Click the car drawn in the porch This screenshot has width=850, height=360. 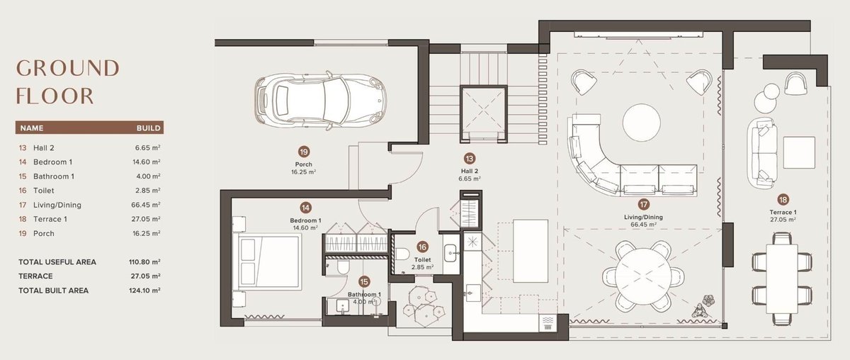tap(321, 100)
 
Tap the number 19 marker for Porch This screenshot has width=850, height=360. tap(304, 152)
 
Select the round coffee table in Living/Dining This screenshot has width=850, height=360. tap(641, 123)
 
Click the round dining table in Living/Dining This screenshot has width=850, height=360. tap(644, 276)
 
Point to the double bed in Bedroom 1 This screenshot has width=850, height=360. tap(269, 261)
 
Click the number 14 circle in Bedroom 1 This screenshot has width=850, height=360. tap(305, 208)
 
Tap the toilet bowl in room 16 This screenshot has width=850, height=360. tap(402, 254)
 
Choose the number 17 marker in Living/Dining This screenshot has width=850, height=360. tap(644, 205)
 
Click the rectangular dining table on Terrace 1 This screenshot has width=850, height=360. tap(781, 279)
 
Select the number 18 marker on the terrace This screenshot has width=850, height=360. tap(783, 199)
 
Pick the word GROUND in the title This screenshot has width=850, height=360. tap(68, 68)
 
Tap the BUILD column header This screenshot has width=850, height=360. tap(148, 128)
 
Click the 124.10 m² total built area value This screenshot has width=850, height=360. tap(144, 291)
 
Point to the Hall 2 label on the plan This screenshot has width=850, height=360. tap(470, 171)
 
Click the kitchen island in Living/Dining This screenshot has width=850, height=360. tap(530, 251)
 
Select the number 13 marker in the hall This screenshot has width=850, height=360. tap(470, 158)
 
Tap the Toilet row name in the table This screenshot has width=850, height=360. tap(44, 191)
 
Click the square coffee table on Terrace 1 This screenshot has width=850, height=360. tap(799, 152)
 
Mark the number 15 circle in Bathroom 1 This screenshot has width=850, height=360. tap(364, 282)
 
